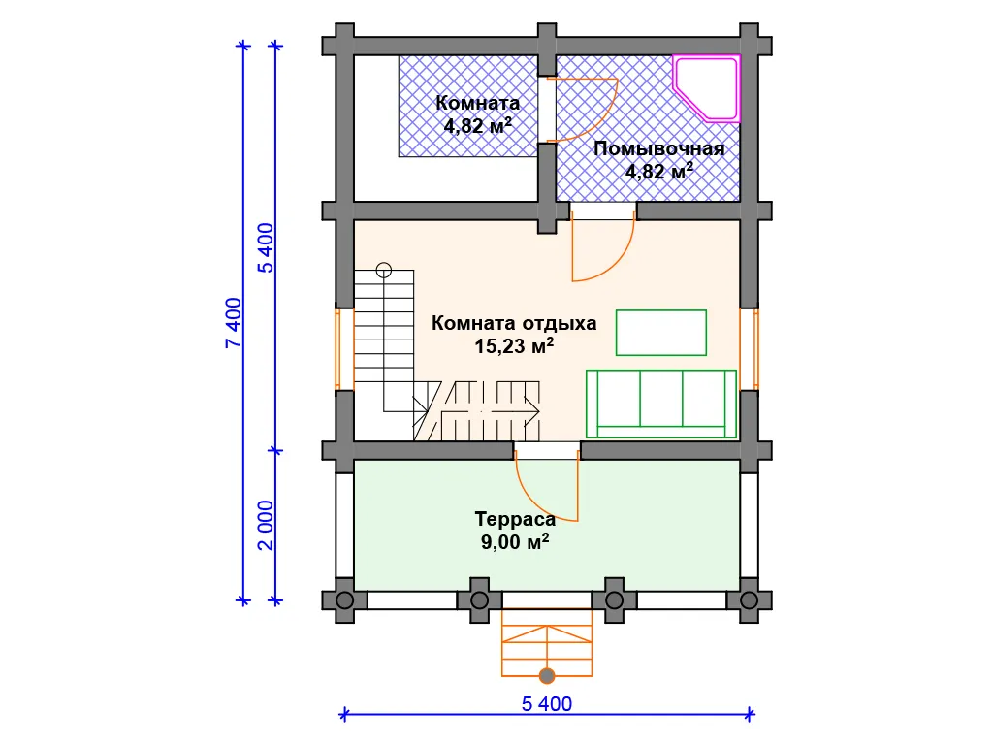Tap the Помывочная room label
coord(658,148)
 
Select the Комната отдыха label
coord(514,323)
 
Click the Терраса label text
coord(515,520)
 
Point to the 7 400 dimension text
coord(234,322)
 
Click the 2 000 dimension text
coord(266,525)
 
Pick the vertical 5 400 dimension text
coord(266,247)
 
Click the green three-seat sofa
coord(661,405)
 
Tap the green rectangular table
coord(661,333)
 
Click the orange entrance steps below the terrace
coord(547,642)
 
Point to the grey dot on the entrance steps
coord(547,676)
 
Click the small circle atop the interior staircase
coord(384,271)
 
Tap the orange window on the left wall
coord(344,348)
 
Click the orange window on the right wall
coord(750,348)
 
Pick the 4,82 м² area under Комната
coord(477,125)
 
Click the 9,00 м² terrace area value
coord(514,542)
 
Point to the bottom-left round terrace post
coord(344,599)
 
